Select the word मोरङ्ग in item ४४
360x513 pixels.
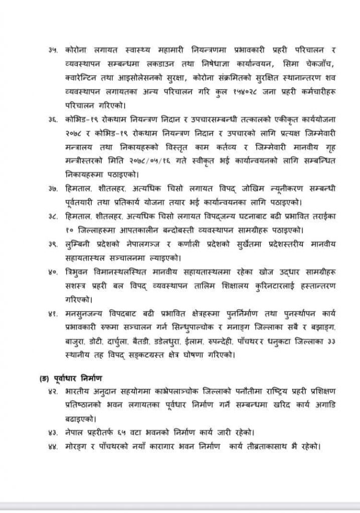(x=76, y=445)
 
